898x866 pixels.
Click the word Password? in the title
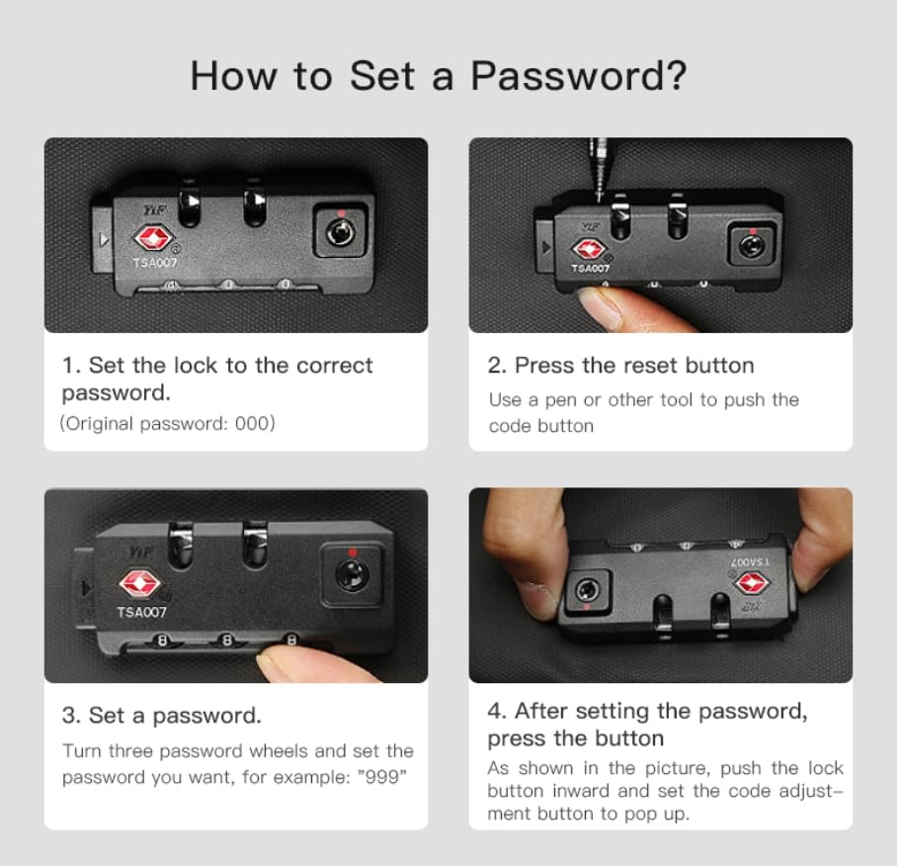pos(579,77)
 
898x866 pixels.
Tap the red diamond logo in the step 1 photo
pos(153,238)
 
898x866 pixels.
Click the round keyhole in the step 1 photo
pos(340,232)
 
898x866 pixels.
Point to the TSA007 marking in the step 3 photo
pos(141,612)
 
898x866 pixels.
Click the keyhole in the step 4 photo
pos(587,589)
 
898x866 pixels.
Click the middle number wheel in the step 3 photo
pos(227,641)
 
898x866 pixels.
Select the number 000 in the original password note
pos(251,423)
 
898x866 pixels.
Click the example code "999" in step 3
pos(382,777)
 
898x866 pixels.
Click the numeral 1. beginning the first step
pos(71,365)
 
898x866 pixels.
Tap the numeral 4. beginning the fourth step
pos(497,711)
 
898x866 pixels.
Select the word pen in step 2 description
pos(561,400)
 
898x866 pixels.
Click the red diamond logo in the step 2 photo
pos(588,250)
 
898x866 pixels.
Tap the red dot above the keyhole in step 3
pos(353,553)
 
